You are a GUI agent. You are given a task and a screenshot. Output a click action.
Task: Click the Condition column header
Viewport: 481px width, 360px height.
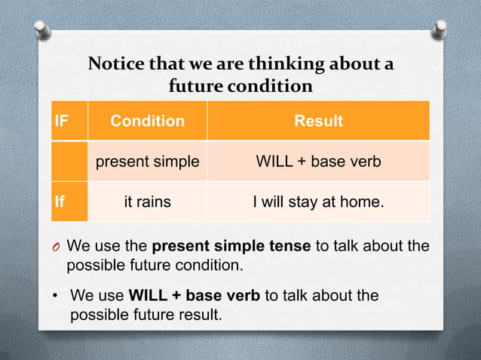tap(147, 121)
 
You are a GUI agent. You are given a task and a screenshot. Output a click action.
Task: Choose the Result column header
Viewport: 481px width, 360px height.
tap(318, 121)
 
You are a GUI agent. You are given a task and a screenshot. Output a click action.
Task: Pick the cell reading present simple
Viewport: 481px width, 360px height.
tap(147, 161)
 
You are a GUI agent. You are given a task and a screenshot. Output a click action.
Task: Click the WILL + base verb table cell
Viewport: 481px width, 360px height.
tap(318, 161)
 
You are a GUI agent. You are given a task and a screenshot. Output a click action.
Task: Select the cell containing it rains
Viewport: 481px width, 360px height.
tap(147, 202)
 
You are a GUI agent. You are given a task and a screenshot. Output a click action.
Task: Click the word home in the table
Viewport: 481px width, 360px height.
tap(366, 202)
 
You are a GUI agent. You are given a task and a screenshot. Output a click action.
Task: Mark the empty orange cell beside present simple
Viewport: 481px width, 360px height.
tap(69, 161)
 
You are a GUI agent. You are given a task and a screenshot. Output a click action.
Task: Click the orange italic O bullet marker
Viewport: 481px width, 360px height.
tap(57, 247)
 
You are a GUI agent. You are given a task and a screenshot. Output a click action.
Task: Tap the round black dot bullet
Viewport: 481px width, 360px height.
tap(56, 296)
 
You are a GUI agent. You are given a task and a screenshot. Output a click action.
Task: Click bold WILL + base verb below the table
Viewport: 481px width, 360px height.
tap(195, 295)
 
